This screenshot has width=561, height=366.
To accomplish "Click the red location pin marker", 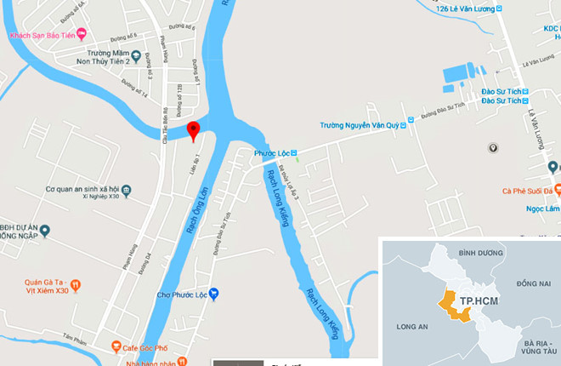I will (x=193, y=129).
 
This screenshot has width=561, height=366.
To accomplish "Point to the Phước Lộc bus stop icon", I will (x=294, y=153).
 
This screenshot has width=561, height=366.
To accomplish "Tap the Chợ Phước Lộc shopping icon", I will (x=214, y=295).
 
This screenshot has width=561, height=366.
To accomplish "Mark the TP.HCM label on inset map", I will (x=478, y=302).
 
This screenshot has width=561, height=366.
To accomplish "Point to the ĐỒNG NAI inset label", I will (x=533, y=282).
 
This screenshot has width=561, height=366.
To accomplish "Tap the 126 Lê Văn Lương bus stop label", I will (x=465, y=9).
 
